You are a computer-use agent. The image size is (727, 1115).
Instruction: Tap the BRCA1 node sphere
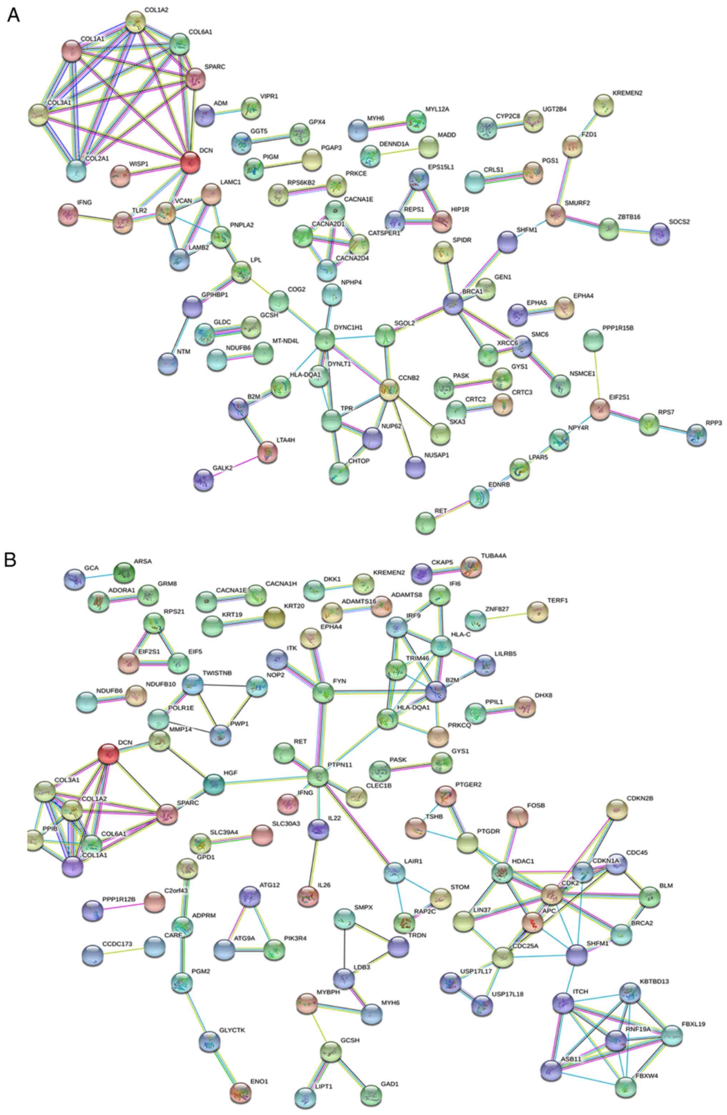click(x=453, y=303)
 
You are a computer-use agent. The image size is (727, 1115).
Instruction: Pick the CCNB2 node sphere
click(x=389, y=389)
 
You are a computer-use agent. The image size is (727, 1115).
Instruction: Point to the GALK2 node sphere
click(x=204, y=479)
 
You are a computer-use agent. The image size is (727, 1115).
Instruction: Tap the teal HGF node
click(x=214, y=784)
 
